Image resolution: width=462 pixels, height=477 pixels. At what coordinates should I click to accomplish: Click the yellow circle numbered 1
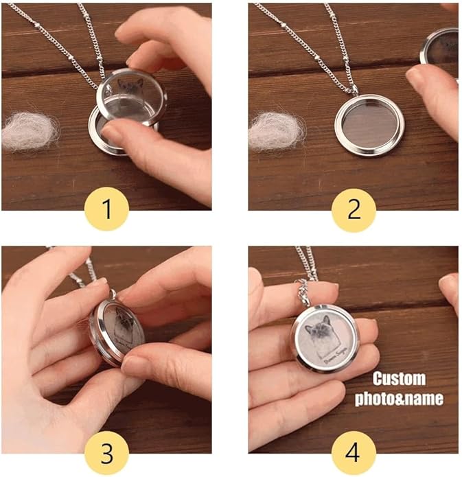coord(107,209)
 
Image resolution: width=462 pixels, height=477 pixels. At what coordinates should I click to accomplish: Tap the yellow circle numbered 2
coord(354,209)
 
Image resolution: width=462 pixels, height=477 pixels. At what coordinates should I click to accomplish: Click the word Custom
coord(399,379)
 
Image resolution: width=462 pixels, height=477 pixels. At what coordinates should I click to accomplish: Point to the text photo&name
coord(399,399)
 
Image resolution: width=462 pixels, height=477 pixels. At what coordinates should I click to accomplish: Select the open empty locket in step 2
coord(369,126)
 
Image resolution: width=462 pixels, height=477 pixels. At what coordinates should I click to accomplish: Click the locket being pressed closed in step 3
coord(117,329)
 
